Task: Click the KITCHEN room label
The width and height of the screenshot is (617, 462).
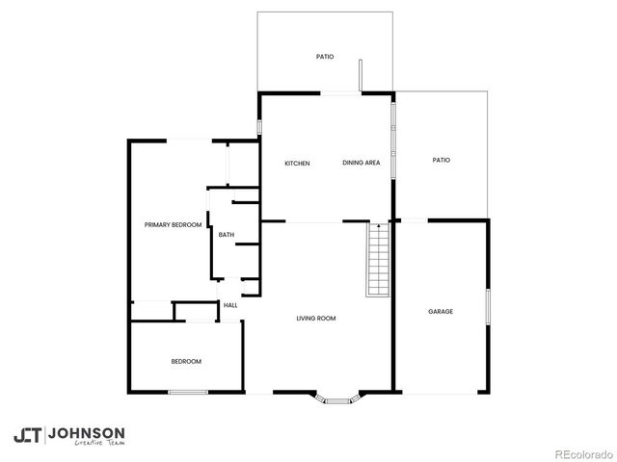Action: click(297, 164)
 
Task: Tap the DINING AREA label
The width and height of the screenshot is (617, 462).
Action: click(362, 164)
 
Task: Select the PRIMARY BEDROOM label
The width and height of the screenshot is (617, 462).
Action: click(173, 225)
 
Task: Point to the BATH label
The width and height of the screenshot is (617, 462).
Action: click(227, 235)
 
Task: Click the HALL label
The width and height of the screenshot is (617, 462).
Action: click(230, 306)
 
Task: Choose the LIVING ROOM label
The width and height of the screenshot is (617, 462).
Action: click(315, 319)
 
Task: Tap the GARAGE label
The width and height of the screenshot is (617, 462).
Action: click(441, 312)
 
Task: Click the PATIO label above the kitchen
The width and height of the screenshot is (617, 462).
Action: click(325, 58)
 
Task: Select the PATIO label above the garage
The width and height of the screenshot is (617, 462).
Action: click(442, 161)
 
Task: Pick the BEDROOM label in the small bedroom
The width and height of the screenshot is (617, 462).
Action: click(186, 361)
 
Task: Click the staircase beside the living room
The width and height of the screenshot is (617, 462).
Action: click(377, 259)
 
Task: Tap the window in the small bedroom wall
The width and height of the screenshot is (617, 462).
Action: click(188, 392)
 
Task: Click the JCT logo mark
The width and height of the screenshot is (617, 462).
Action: click(27, 435)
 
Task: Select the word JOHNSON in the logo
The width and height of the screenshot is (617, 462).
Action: click(86, 432)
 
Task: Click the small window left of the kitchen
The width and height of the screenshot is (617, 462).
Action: click(259, 127)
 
